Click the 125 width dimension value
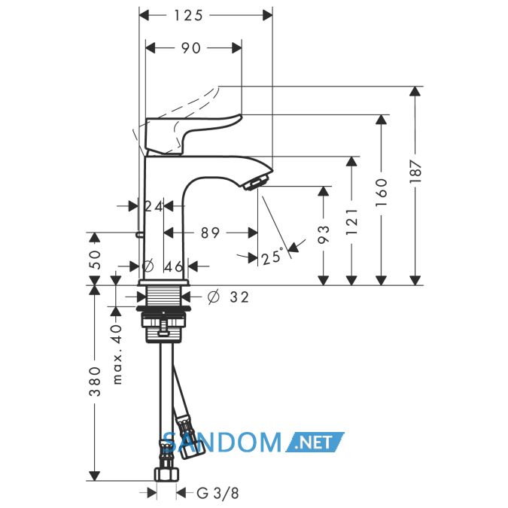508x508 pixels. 188,15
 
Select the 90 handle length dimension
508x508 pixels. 191,48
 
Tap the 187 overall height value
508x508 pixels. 415,172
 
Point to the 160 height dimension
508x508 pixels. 382,192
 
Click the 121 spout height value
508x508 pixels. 352,221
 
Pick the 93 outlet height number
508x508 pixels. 324,234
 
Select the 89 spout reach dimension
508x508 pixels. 210,233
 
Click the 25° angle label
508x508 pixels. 272,257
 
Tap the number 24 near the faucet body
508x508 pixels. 154,206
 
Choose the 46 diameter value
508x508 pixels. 174,266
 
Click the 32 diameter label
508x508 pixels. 239,297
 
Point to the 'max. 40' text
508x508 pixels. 117,354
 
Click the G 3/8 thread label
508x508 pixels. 217,494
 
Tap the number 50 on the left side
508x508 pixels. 95,259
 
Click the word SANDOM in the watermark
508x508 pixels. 222,442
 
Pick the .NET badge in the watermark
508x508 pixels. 315,442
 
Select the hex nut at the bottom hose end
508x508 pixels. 166,474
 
